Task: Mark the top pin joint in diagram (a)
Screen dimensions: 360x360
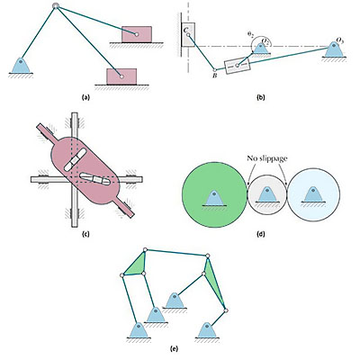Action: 57,8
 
